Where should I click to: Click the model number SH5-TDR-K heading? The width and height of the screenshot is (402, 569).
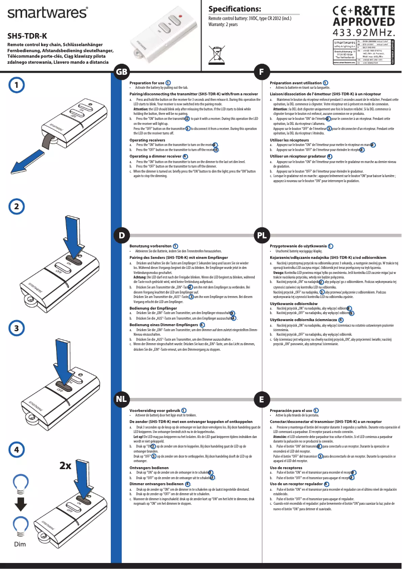(27, 36)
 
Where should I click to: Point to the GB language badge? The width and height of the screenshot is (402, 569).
(122, 72)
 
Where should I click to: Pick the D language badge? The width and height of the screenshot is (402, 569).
(122, 235)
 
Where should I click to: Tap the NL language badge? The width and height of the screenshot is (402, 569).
(122, 399)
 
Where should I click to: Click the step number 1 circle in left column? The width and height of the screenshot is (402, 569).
(17, 85)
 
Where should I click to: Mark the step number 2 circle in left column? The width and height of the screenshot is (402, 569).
(17, 206)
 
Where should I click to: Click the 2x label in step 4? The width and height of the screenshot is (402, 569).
(65, 466)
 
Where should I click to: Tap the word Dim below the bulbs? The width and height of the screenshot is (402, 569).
(20, 545)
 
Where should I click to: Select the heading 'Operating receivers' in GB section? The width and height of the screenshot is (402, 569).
(147, 140)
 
